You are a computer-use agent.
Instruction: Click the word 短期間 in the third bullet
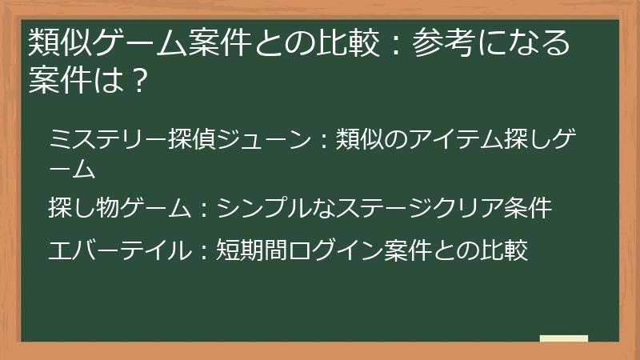tap(253, 250)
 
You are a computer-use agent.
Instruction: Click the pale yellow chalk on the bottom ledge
tap(563, 338)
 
